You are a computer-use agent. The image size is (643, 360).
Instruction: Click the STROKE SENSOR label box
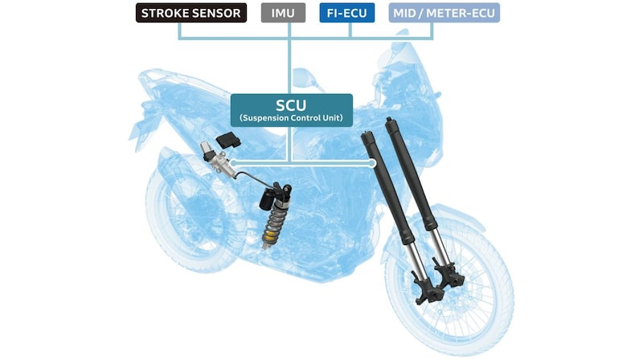pos(191,13)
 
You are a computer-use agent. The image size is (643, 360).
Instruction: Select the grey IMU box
pos(283,13)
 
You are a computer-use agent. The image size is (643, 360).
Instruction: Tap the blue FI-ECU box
pos(347,13)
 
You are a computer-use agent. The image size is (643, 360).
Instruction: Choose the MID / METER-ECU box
pos(444,13)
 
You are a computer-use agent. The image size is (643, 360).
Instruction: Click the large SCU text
pos(291,105)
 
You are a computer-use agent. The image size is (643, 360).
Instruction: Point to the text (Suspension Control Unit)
pos(291,118)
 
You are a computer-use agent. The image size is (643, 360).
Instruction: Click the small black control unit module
pos(228,141)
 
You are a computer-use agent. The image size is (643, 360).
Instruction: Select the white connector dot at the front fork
pos(372,163)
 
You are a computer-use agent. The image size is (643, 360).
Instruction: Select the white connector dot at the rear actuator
pos(233,163)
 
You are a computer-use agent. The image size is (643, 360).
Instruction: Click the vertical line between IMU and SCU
pos(289,58)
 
